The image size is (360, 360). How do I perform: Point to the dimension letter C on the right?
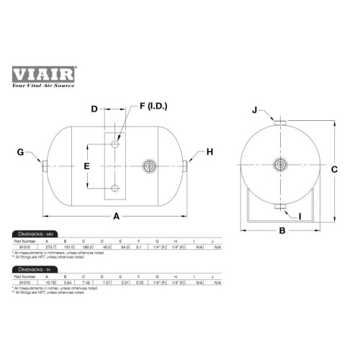point(335,170)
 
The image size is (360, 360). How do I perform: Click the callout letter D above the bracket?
point(94,109)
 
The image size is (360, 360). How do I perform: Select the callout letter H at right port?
point(210,152)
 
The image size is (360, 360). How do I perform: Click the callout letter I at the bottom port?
point(300,215)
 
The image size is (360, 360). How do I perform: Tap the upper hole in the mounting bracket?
point(114,145)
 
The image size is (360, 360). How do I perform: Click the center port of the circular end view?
point(279,162)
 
